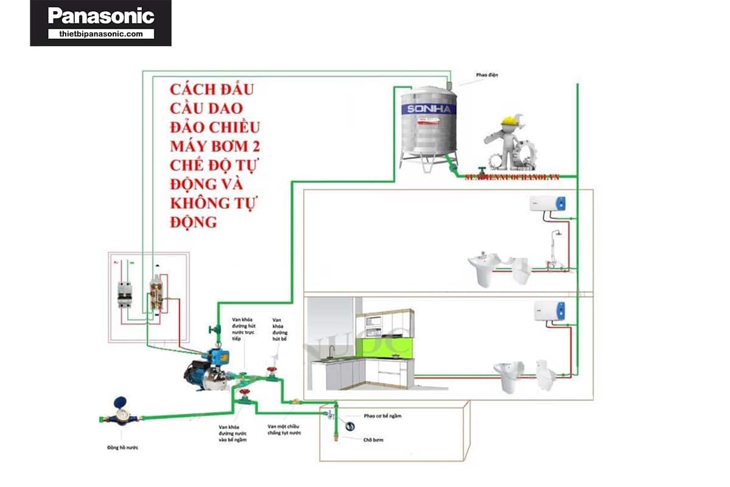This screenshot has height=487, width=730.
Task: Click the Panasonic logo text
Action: [x=101, y=16]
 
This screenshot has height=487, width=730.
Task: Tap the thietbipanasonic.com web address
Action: [x=101, y=34]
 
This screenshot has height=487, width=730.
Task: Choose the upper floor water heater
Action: [x=547, y=203]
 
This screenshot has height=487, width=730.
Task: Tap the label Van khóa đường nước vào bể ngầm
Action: [x=232, y=433]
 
